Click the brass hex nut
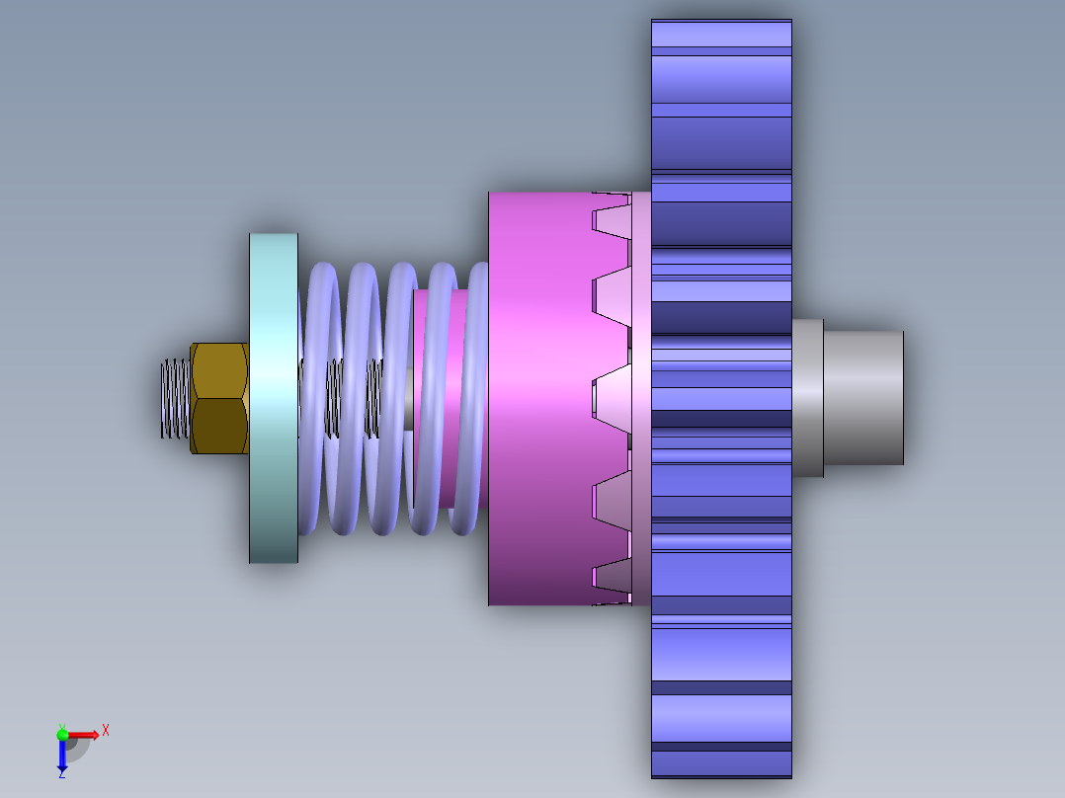(x=219, y=398)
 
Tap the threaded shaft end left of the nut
(x=175, y=399)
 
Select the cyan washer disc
(x=274, y=398)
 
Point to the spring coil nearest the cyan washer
(x=320, y=398)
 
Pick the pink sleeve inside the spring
(x=442, y=398)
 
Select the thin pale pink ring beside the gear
(x=641, y=399)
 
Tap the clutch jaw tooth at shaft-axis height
(x=612, y=399)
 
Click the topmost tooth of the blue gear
(x=721, y=34)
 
